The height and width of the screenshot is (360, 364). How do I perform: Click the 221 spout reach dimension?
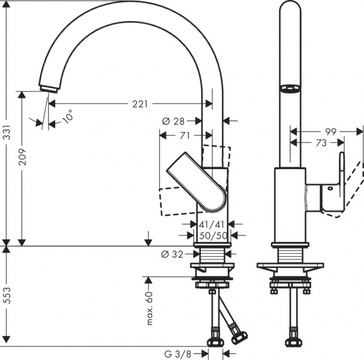click(140, 104)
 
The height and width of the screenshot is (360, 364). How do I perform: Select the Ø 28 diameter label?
click(173, 121)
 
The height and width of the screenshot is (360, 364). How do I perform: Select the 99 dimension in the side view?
click(330, 131)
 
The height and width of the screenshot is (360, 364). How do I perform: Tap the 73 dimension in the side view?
click(321, 143)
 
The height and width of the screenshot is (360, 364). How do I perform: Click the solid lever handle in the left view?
click(197, 182)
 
